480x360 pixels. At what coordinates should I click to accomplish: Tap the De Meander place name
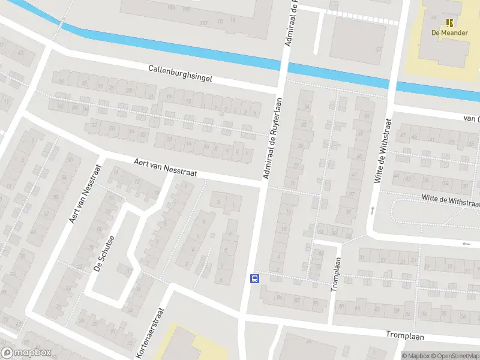point(449,33)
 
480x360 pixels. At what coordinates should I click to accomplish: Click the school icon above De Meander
point(449,23)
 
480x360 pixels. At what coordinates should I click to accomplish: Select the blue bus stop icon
point(254,278)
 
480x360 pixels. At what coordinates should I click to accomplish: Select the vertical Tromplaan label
point(337,274)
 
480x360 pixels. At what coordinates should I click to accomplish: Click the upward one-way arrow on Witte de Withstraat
point(372,209)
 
